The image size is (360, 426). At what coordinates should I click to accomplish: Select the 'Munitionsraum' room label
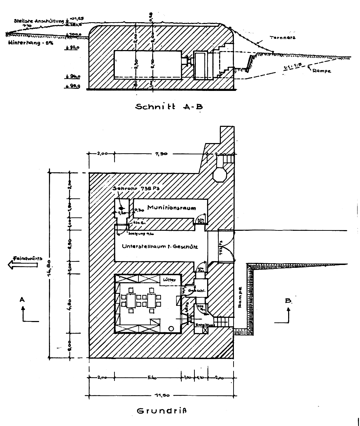point(171,208)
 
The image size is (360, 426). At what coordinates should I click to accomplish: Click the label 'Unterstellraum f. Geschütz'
point(160,247)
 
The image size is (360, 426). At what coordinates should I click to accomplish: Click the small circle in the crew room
point(172,328)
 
